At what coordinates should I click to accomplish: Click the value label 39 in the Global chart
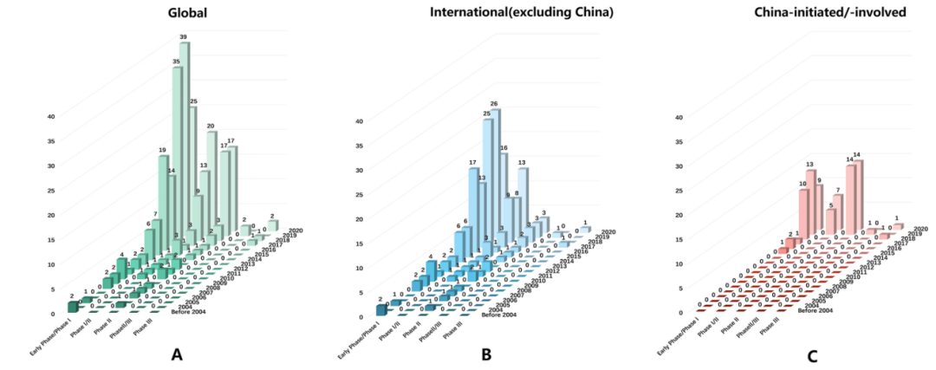[x=183, y=37]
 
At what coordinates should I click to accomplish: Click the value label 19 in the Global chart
[x=162, y=151]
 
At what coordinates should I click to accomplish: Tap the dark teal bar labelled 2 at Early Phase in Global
[x=73, y=304]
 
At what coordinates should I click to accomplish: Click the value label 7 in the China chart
[x=837, y=190]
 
